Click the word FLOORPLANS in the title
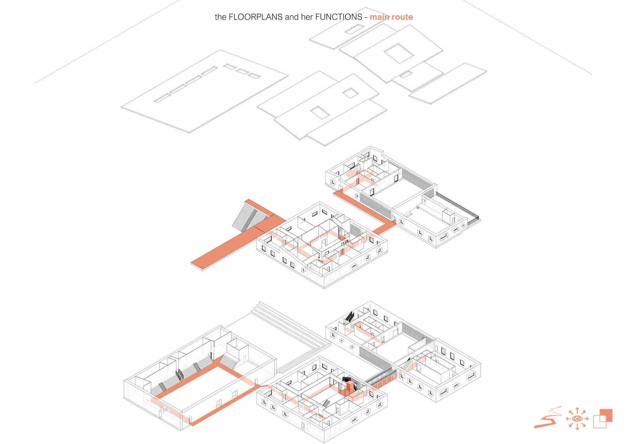coord(255,17)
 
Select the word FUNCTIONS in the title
coord(339,17)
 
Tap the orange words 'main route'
coord(391,17)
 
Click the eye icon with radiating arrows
coord(577,418)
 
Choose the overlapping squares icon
coord(603,418)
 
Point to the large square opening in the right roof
coord(398,53)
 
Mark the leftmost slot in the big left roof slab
coord(162,98)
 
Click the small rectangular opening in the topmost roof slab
coord(355,29)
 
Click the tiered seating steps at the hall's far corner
coord(229,361)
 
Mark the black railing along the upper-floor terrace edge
coord(458,206)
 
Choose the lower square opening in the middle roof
coord(320,112)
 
